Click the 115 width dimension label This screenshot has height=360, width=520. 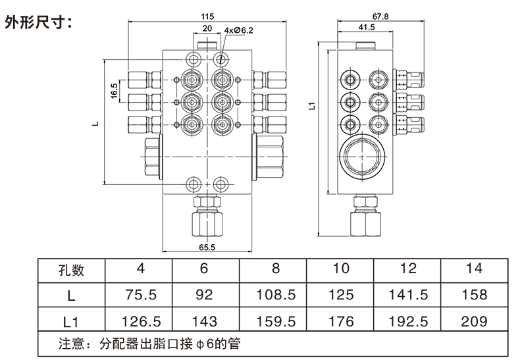click(207, 16)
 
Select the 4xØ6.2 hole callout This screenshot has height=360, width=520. click(238, 30)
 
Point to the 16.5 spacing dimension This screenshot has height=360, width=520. click(115, 91)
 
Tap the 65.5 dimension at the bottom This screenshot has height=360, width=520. click(207, 247)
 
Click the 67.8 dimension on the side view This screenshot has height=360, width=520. click(380, 16)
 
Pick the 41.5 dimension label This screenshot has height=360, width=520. click(367, 27)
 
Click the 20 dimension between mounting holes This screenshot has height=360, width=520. click(207, 28)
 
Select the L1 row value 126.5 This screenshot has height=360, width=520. click(141, 321)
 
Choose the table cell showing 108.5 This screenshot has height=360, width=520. click(276, 295)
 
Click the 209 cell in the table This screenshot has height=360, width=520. click(474, 321)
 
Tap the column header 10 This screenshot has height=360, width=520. click(340, 268)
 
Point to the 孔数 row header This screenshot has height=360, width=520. click(71, 270)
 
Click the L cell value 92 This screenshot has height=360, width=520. click(204, 295)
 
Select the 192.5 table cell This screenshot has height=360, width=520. click(408, 321)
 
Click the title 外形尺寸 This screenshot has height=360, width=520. click(38, 22)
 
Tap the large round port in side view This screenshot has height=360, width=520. click(362, 157)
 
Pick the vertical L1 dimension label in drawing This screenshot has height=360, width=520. click(312, 106)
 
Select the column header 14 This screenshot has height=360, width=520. click(474, 268)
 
